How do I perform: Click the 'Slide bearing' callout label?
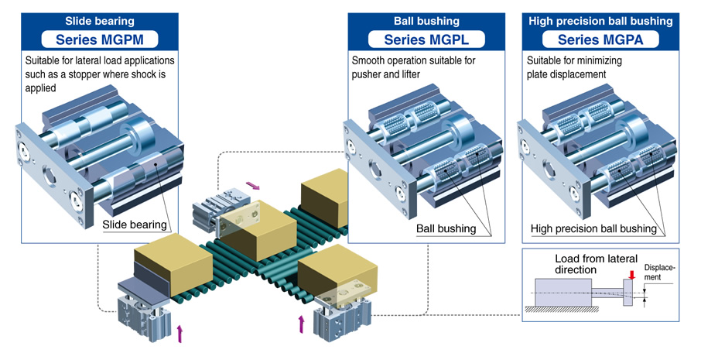tap(135, 225)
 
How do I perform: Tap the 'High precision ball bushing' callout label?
tap(593, 229)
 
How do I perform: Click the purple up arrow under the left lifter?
tap(180, 334)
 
